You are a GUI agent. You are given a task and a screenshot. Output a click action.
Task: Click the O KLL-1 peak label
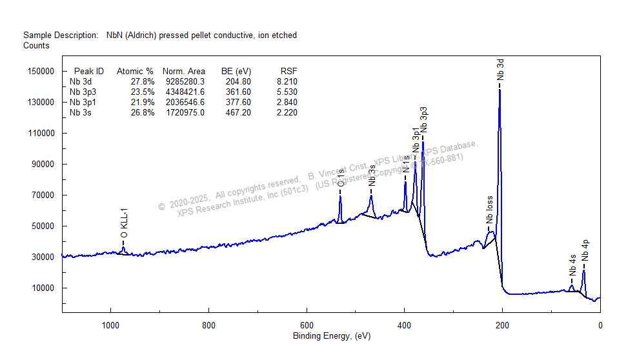pyautogui.click(x=124, y=223)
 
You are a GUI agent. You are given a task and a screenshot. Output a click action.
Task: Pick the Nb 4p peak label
pyautogui.click(x=585, y=249)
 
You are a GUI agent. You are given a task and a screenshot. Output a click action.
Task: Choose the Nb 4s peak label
pyautogui.click(x=572, y=266)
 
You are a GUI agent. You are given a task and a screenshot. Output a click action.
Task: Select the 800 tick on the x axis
pyautogui.click(x=208, y=325)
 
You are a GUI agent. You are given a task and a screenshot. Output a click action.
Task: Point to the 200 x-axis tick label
pyautogui.click(x=502, y=325)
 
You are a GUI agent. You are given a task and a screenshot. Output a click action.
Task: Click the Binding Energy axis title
pyautogui.click(x=332, y=336)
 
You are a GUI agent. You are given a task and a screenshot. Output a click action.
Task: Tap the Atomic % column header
pyautogui.click(x=135, y=72)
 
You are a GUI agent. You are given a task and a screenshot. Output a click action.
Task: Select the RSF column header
pyautogui.click(x=288, y=72)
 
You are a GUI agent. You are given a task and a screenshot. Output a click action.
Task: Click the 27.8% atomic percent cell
pyautogui.click(x=143, y=82)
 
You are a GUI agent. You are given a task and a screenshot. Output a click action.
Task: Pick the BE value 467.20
pyautogui.click(x=238, y=113)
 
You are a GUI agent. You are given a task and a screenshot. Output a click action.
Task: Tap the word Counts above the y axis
pyautogui.click(x=36, y=46)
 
